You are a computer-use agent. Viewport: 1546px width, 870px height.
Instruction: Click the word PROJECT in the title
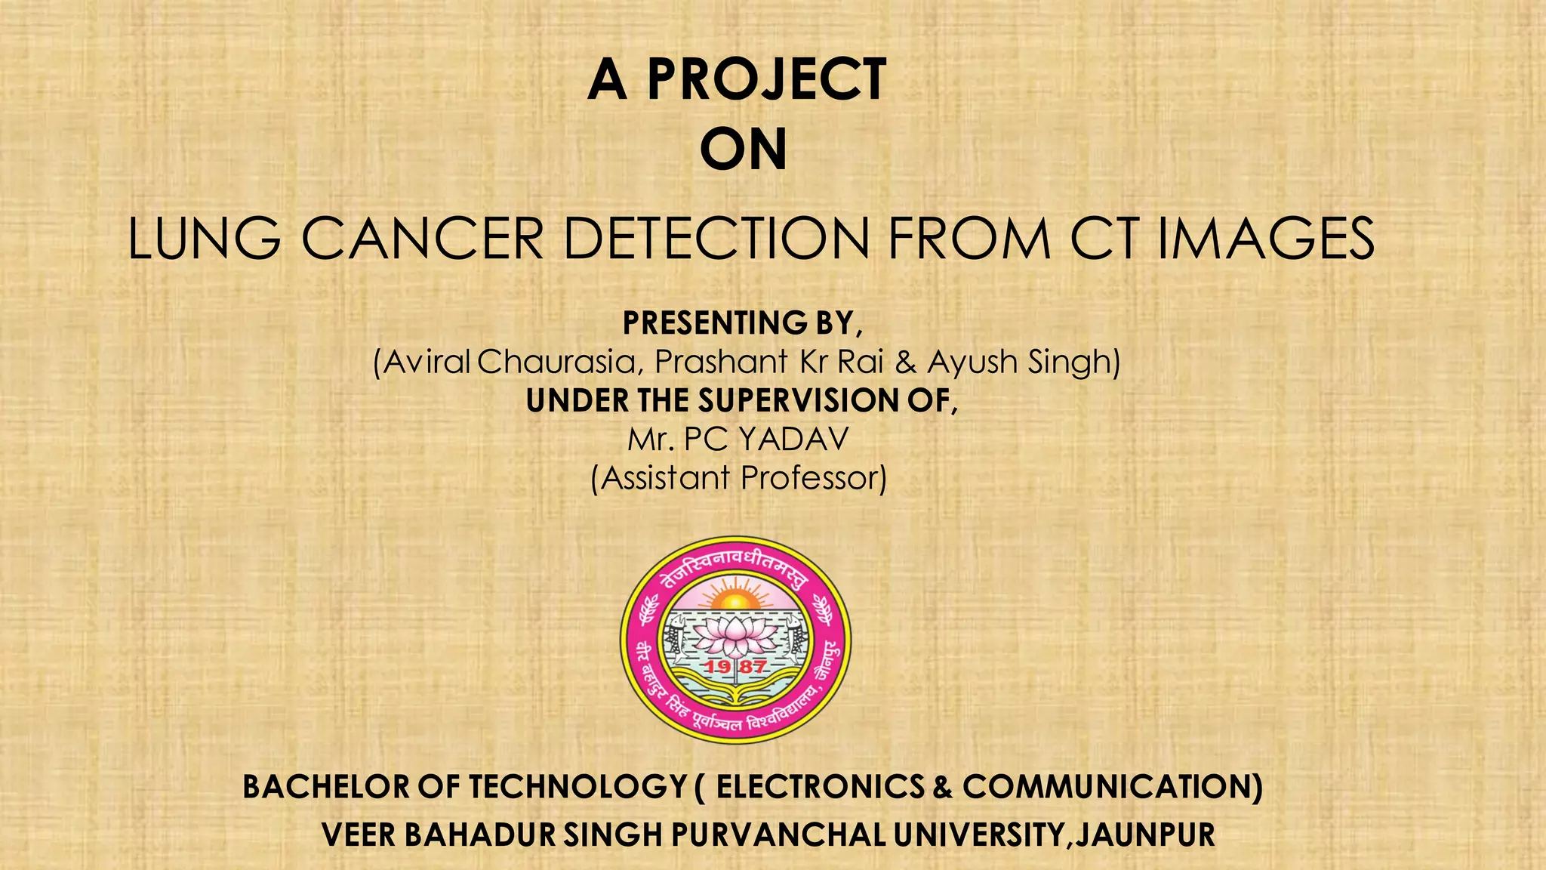point(766,79)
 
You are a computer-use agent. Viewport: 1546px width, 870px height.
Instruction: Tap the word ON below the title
point(744,149)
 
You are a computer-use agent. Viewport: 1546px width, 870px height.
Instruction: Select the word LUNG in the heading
point(204,239)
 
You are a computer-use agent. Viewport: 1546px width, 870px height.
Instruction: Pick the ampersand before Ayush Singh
point(904,362)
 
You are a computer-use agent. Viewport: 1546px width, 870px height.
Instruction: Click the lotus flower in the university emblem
point(735,634)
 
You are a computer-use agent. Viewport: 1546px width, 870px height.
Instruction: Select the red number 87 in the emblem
point(753,667)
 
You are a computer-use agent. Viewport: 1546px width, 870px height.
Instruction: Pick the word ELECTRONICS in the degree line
point(820,787)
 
